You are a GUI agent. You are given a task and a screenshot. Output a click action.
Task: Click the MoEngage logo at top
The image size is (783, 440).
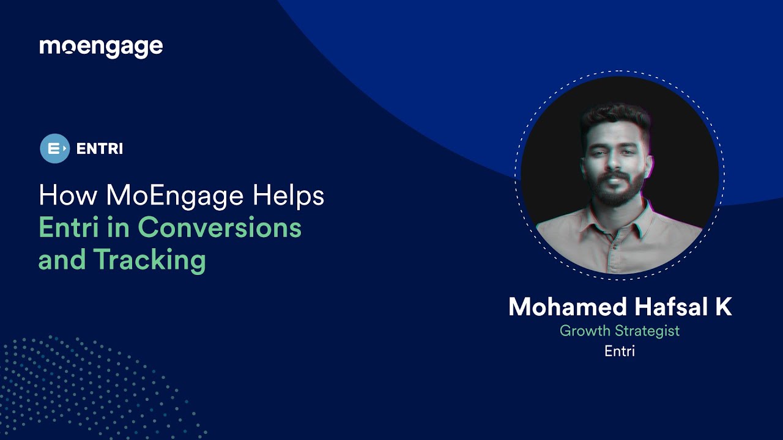[101, 47]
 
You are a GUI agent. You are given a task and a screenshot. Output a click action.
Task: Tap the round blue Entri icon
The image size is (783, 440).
[54, 148]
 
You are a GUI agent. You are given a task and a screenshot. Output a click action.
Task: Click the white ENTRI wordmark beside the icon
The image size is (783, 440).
[100, 148]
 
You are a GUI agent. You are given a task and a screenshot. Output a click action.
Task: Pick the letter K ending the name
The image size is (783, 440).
[723, 306]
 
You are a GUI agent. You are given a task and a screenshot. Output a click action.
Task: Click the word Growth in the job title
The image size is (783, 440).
[585, 331]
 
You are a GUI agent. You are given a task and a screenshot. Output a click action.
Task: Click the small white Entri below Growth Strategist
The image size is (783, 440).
[620, 351]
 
